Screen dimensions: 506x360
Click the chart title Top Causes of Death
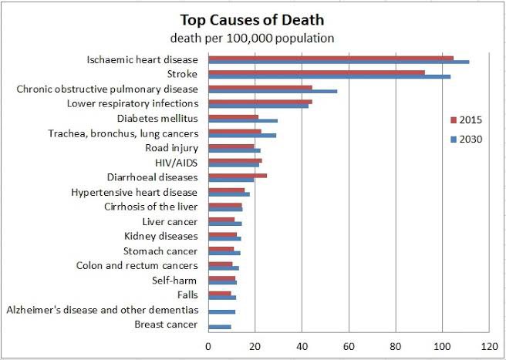click(252, 20)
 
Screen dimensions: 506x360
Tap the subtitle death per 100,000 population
click(252, 39)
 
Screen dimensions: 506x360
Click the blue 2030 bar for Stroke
click(329, 76)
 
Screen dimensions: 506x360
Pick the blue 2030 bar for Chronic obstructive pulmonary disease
click(273, 91)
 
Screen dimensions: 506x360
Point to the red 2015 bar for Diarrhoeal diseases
click(238, 176)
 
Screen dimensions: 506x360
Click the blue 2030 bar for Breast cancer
click(220, 327)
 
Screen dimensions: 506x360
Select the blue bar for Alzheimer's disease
click(221, 312)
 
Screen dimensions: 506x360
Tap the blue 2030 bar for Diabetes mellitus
click(243, 121)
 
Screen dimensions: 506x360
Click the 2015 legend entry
click(466, 120)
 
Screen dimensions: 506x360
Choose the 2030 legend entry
click(466, 140)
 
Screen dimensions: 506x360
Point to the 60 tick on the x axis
click(349, 347)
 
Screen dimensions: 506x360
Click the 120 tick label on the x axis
click(489, 347)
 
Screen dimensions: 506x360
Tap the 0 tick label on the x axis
click(208, 347)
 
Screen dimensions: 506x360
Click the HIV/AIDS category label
click(176, 163)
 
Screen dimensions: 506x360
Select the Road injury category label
click(172, 148)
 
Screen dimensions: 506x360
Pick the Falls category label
click(187, 294)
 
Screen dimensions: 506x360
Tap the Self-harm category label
click(174, 280)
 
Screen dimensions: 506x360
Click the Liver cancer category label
click(170, 221)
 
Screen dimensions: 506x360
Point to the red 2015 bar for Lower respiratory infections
click(260, 102)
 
